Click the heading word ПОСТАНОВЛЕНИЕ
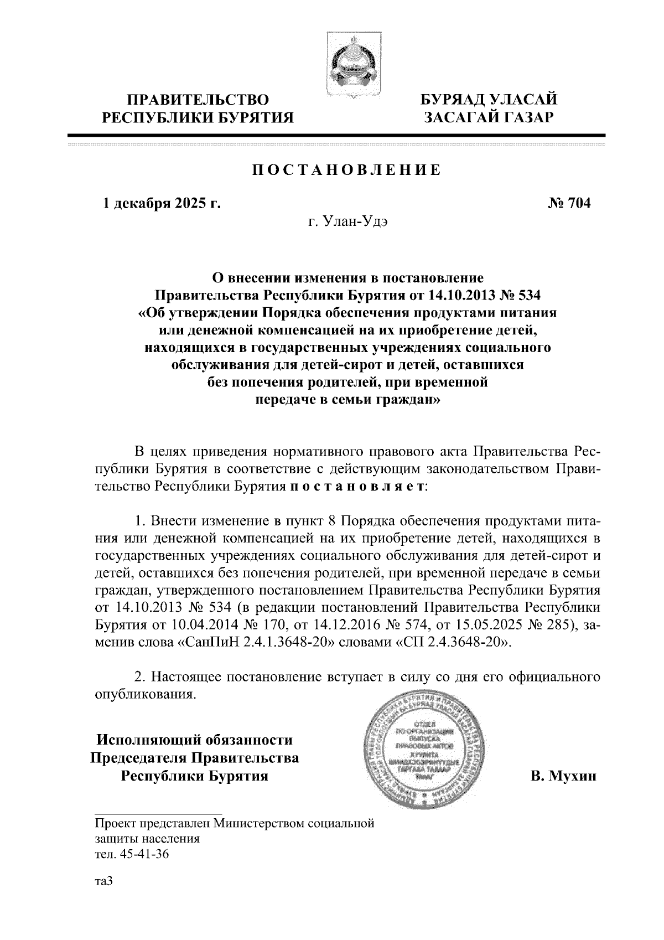[x=347, y=170]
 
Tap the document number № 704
[x=569, y=203]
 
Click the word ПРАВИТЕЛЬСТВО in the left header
[x=199, y=100]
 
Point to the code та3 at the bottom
[x=103, y=882]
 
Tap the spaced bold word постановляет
[x=358, y=487]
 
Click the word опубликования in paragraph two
[x=146, y=694]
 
